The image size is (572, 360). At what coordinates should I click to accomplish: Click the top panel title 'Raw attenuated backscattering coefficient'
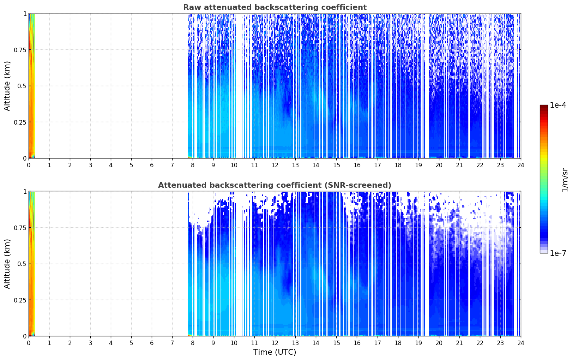(275, 7)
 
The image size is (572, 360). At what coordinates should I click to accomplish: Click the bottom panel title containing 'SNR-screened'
(275, 185)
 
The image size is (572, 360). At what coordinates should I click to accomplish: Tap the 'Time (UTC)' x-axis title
(275, 352)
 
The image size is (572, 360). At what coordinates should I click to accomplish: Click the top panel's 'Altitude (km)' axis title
(7, 86)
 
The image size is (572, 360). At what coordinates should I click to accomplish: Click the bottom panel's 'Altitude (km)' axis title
(7, 264)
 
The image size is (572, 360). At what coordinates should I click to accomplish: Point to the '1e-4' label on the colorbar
(558, 105)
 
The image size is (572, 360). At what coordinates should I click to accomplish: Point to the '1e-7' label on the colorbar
(558, 253)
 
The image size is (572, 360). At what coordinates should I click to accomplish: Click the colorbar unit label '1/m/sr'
(565, 180)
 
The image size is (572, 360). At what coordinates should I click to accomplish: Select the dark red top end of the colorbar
(544, 107)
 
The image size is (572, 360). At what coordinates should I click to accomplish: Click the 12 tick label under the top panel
(275, 165)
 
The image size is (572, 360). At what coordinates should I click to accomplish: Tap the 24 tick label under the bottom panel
(520, 343)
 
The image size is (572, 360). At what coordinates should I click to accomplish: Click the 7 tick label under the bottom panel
(172, 343)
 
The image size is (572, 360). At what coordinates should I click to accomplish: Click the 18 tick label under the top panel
(398, 165)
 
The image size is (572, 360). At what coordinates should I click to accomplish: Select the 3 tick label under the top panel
(90, 165)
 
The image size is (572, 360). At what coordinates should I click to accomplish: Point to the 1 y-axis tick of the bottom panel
(25, 191)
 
